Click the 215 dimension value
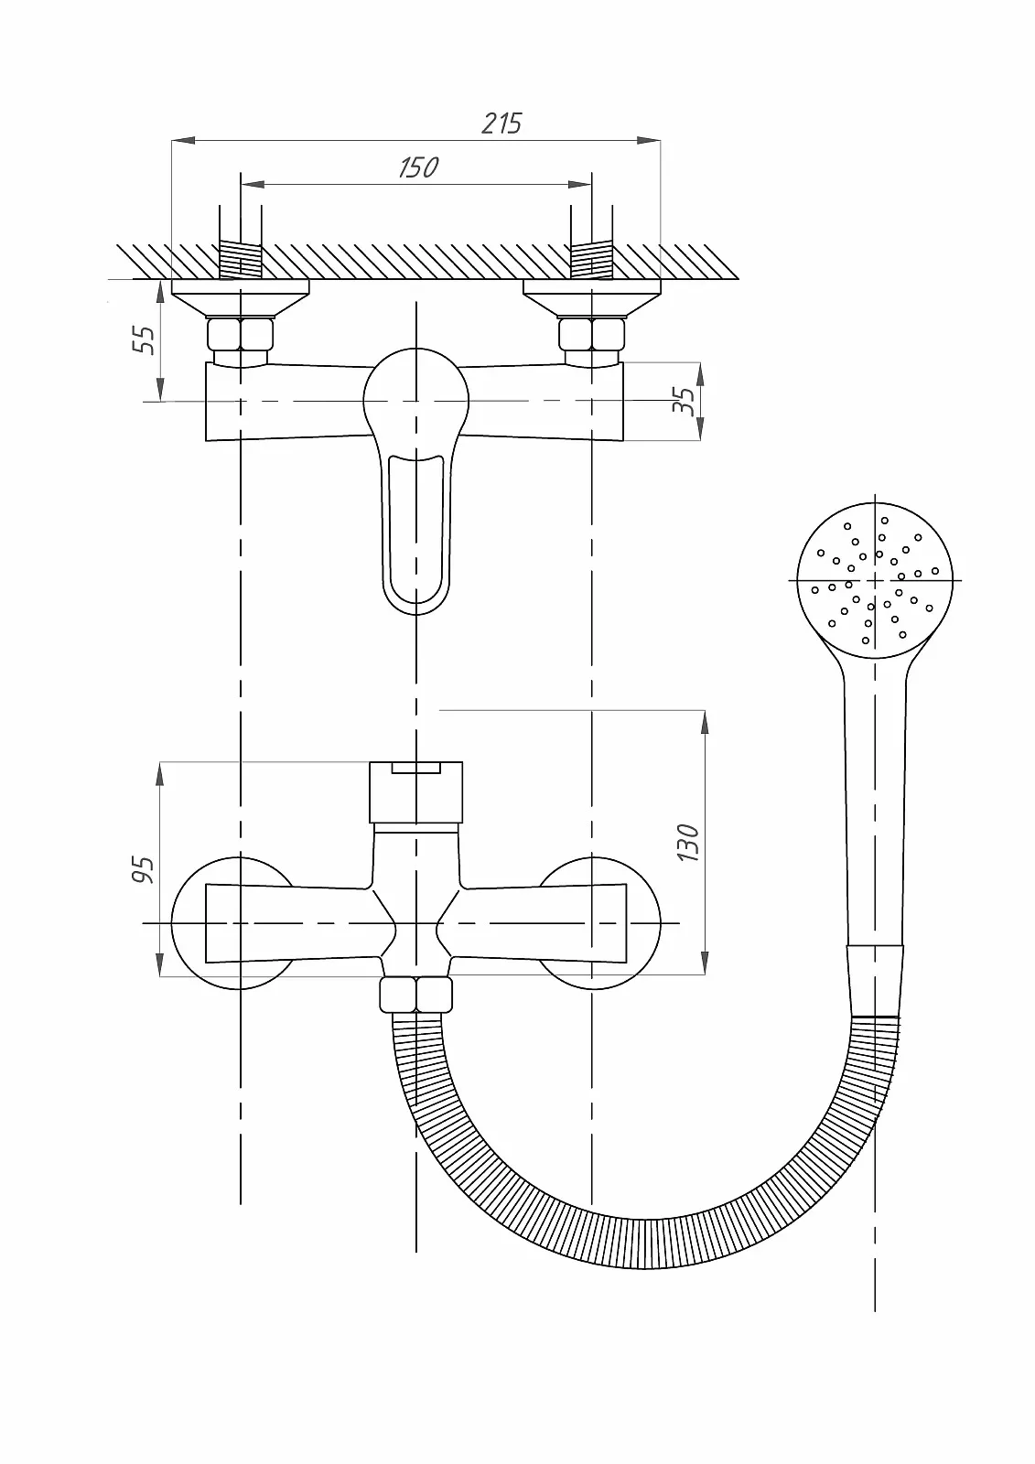point(502,124)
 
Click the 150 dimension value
point(418,168)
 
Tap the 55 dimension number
point(145,339)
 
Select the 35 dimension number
point(684,401)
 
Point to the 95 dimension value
point(144,870)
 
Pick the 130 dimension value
point(689,843)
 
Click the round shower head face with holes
point(875,580)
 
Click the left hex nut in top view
point(240,334)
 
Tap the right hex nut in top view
point(592,334)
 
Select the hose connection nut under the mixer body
point(415,994)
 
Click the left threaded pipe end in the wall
point(240,261)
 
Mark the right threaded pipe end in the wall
point(592,261)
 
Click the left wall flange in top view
point(240,298)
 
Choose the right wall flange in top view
point(592,298)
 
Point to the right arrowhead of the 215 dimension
point(649,140)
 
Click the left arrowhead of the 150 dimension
point(253,185)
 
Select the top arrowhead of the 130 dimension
point(705,722)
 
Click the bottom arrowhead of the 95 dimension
point(159,964)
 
